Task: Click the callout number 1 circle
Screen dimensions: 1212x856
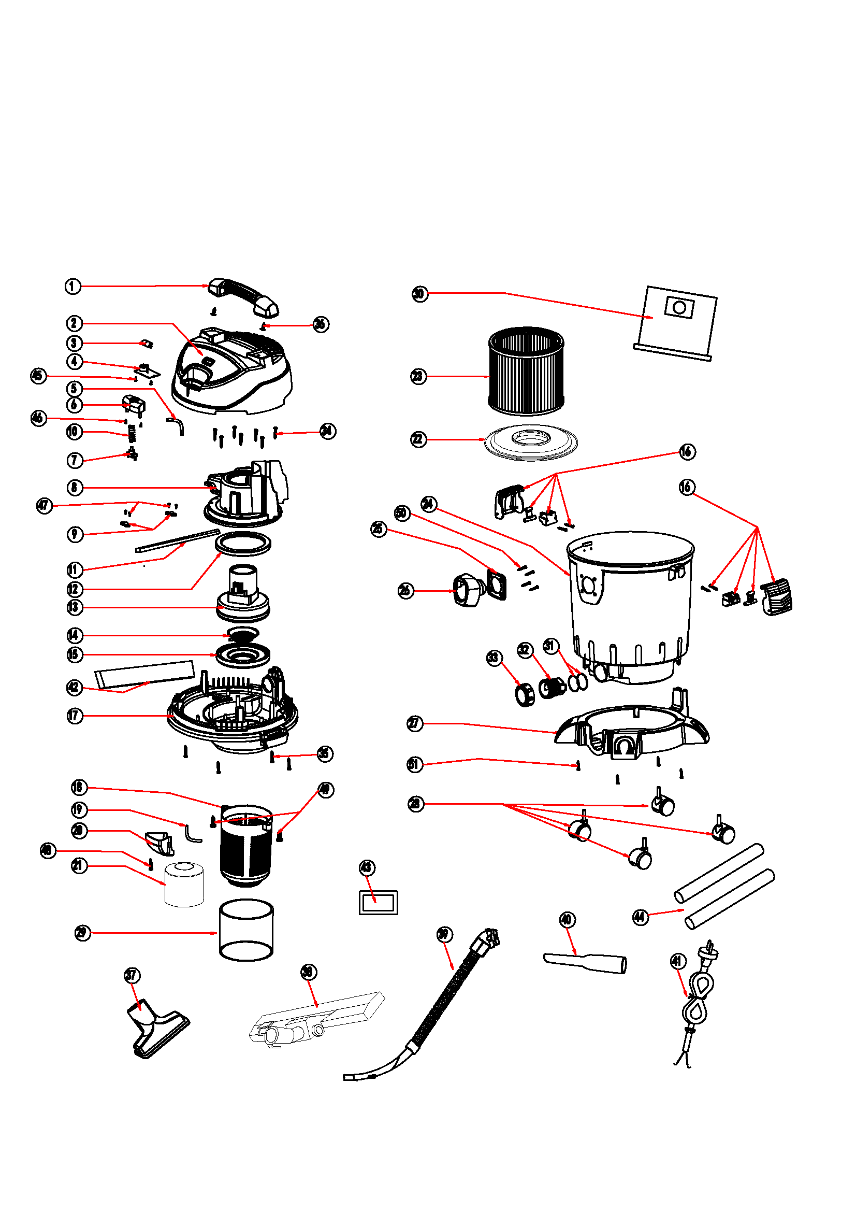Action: (73, 286)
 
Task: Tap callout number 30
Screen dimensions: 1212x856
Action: (419, 293)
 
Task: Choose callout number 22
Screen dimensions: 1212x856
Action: (418, 439)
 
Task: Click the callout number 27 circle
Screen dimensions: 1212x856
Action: (415, 723)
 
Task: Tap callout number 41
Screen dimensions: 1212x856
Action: (678, 961)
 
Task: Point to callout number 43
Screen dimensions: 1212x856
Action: (367, 868)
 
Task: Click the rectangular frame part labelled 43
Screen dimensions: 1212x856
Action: (378, 903)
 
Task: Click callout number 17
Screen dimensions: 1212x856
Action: (75, 716)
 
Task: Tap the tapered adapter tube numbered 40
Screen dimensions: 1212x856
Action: (586, 962)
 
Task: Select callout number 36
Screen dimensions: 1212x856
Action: (320, 324)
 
